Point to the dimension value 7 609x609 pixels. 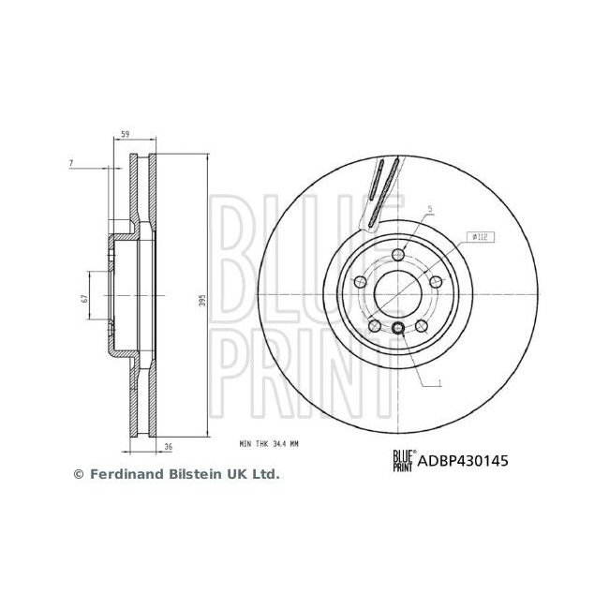[71, 165]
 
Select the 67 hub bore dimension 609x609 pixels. [84, 298]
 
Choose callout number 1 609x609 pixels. [438, 381]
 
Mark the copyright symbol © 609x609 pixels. [79, 475]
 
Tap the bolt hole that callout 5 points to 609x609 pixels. [398, 256]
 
